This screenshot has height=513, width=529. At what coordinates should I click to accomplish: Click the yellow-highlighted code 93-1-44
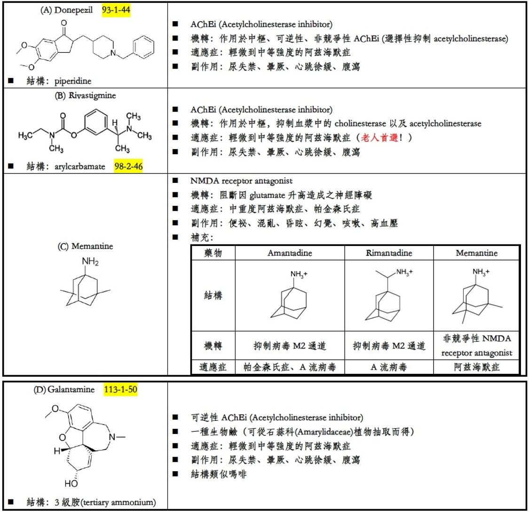click(116, 10)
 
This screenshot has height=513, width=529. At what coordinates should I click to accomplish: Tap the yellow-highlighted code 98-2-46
click(128, 166)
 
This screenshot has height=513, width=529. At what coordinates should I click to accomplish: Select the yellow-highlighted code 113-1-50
click(120, 389)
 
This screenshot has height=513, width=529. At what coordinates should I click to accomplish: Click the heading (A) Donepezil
click(66, 10)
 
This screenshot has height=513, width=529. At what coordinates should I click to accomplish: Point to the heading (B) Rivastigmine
click(85, 95)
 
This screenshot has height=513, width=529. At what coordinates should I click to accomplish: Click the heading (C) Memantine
click(85, 246)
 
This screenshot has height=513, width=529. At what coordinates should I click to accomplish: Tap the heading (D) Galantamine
click(64, 389)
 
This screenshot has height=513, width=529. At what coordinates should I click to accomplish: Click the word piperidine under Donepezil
click(73, 81)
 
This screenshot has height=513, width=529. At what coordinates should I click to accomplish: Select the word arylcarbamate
click(79, 166)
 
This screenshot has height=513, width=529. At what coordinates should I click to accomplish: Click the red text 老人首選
click(379, 138)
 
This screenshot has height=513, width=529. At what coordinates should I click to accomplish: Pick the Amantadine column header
click(290, 253)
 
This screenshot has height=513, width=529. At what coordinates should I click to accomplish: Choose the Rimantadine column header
click(389, 253)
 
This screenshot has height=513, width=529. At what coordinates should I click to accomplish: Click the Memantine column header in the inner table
click(476, 253)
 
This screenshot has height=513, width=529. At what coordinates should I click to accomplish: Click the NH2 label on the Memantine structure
click(90, 261)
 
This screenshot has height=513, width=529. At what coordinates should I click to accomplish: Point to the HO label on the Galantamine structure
click(71, 483)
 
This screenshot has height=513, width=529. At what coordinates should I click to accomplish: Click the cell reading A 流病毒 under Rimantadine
click(389, 367)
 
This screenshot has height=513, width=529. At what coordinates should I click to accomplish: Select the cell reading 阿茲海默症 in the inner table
click(476, 367)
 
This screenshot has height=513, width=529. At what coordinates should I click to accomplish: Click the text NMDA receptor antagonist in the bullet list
click(241, 181)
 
